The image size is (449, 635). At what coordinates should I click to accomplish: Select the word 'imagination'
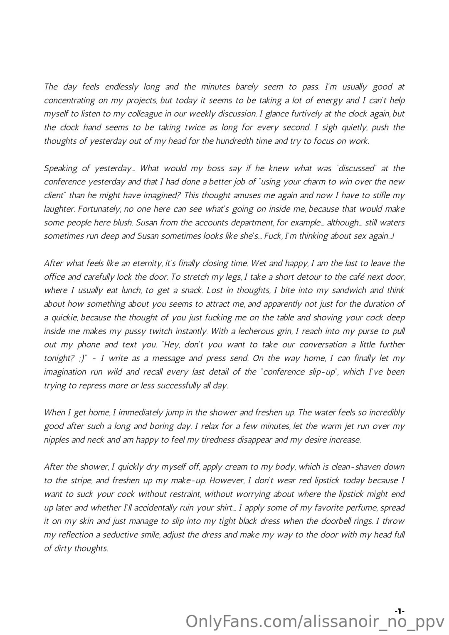[65, 372]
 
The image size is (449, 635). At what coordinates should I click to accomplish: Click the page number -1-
[400, 611]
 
